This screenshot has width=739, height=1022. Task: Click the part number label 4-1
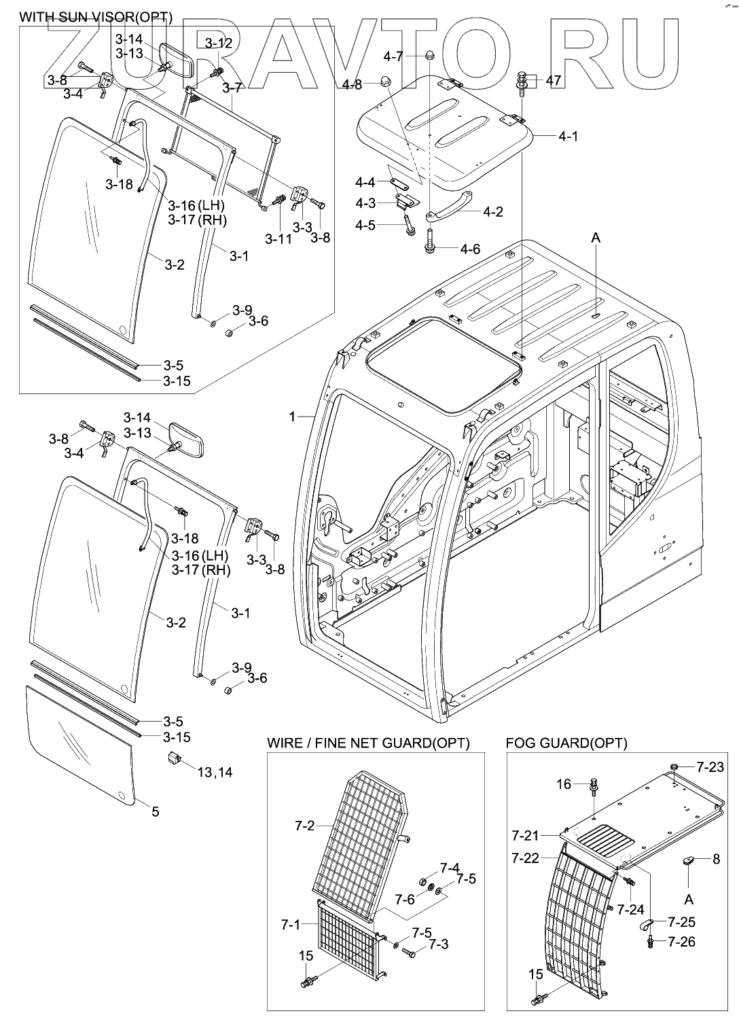[x=569, y=137]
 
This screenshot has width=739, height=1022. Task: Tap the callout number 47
[x=553, y=81]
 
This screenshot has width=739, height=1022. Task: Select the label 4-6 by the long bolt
[x=470, y=249]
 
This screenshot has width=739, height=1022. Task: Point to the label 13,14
[x=215, y=773]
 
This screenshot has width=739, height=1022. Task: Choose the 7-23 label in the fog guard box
[x=710, y=767]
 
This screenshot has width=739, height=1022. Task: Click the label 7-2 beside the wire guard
[x=304, y=826]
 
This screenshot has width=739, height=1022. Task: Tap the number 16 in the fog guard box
[x=564, y=784]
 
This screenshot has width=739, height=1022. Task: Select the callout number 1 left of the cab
[x=292, y=416]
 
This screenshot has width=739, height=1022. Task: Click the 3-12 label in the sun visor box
[x=219, y=43]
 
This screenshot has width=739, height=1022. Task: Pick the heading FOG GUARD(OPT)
[x=566, y=743]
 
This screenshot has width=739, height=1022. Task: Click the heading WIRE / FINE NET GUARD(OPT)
[x=368, y=743]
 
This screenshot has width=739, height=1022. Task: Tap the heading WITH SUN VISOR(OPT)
[x=96, y=18]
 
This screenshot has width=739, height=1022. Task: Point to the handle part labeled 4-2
[x=449, y=207]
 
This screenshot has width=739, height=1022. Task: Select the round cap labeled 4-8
[x=387, y=80]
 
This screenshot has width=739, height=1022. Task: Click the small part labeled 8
[x=688, y=861]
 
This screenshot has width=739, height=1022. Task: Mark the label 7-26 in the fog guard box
[x=681, y=942]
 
